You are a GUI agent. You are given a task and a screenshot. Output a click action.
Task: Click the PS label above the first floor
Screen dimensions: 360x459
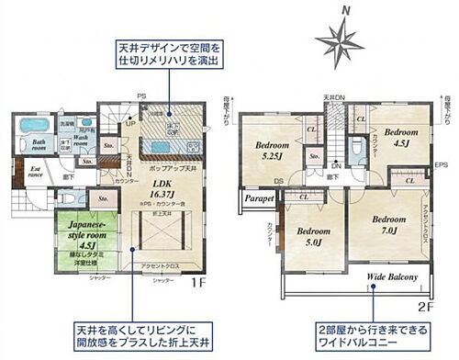[141, 96]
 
